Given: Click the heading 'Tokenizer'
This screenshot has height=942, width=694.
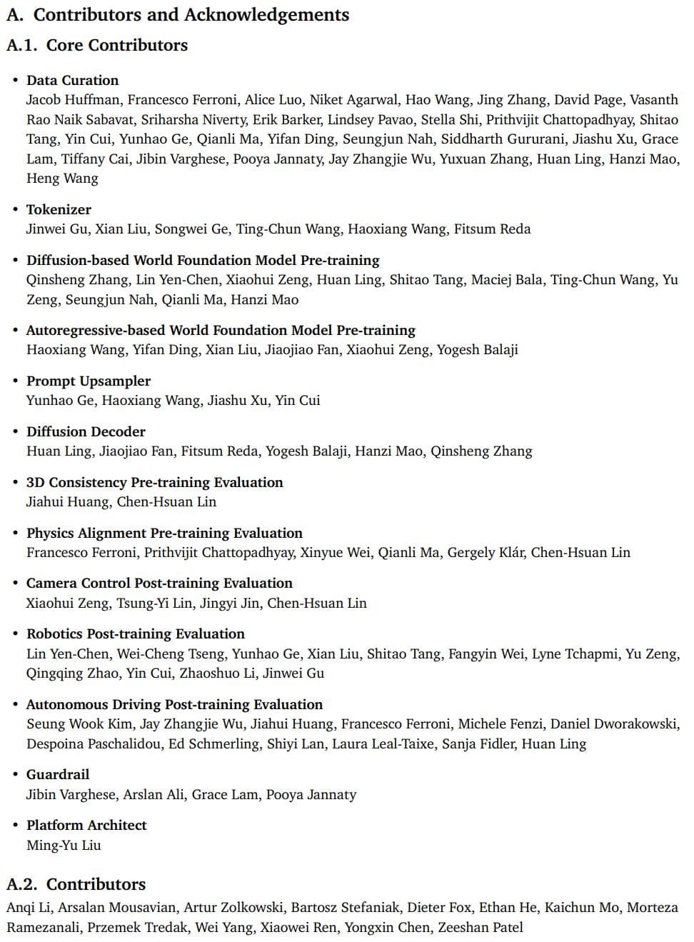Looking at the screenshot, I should pos(59,209).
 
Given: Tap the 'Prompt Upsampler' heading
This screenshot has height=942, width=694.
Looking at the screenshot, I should pos(89,381).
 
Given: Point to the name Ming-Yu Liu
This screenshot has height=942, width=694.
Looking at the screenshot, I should pos(64,845).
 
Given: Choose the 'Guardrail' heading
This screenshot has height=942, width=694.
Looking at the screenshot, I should pos(58,774).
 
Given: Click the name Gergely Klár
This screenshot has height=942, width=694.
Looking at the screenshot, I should pos(486,552).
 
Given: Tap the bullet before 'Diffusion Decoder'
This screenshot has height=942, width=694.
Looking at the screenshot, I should pos(15,431).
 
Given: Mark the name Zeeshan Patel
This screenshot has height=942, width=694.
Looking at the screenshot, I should pos(480,927).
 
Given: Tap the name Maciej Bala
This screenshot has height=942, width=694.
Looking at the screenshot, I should pos(506,280).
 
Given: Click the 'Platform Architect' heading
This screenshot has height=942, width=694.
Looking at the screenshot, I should pos(86,825).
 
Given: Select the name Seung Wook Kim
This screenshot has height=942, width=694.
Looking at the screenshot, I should pos(79,724).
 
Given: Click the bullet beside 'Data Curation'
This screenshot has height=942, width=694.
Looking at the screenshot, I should pos(15,80).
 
